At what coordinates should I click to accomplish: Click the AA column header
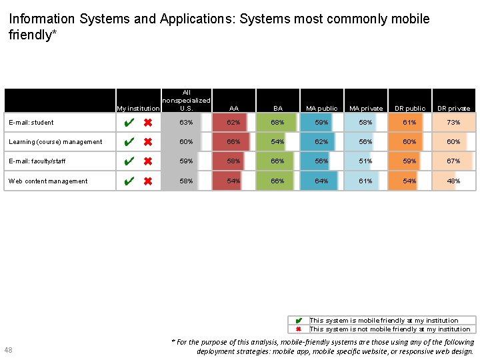click(x=233, y=108)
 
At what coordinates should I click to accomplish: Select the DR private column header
click(x=454, y=108)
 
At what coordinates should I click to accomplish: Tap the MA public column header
click(x=321, y=108)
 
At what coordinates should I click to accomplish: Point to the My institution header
click(x=138, y=108)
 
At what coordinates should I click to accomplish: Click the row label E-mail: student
click(x=31, y=123)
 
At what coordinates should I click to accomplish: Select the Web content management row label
click(x=48, y=181)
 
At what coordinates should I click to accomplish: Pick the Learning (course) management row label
click(x=55, y=142)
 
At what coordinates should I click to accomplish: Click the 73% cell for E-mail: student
click(x=454, y=123)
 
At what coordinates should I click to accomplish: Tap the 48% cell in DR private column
click(x=454, y=181)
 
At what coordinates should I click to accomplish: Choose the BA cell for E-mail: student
click(x=277, y=123)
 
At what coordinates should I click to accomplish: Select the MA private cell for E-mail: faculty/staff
click(x=365, y=161)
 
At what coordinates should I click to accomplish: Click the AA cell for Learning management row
click(x=233, y=142)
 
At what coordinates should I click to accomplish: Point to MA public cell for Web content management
click(x=321, y=181)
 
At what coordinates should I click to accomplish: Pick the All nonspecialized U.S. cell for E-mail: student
click(x=186, y=123)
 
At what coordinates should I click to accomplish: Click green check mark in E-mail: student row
click(x=130, y=123)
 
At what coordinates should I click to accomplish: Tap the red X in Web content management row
click(x=148, y=181)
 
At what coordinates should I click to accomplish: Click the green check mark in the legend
click(x=299, y=321)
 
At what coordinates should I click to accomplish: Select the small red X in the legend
click(x=299, y=329)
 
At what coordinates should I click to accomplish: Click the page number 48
click(x=8, y=350)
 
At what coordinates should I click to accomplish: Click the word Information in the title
click(x=42, y=19)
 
